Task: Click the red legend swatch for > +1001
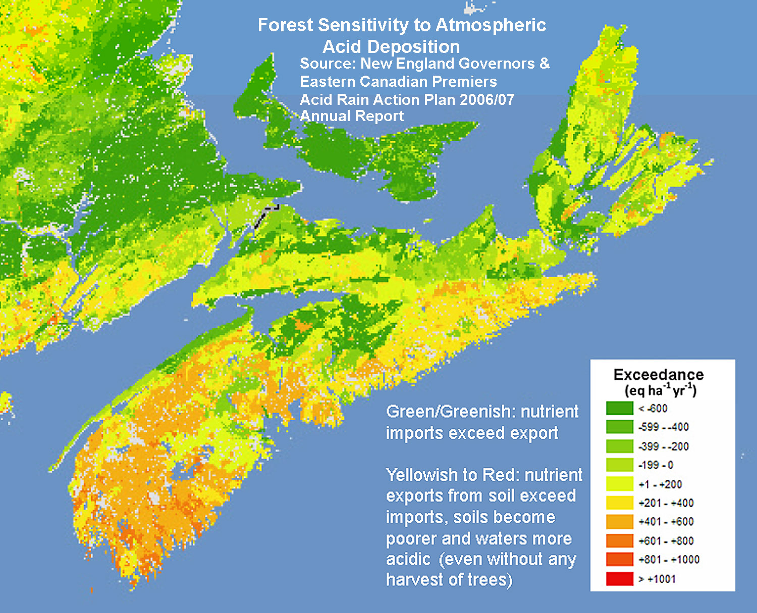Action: (x=619, y=579)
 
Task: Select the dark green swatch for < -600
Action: (x=619, y=408)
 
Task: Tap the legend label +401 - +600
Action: (x=666, y=522)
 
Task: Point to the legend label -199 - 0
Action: (x=656, y=465)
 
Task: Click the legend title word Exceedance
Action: (x=658, y=375)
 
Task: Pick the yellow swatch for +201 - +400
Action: (x=619, y=503)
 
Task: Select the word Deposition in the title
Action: (x=391, y=47)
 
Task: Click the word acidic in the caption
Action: (x=408, y=560)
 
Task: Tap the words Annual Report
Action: (x=352, y=116)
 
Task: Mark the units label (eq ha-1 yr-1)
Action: (x=660, y=391)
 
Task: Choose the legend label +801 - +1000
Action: (x=669, y=560)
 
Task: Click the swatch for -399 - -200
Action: (x=619, y=446)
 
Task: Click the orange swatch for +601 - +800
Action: (x=619, y=541)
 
